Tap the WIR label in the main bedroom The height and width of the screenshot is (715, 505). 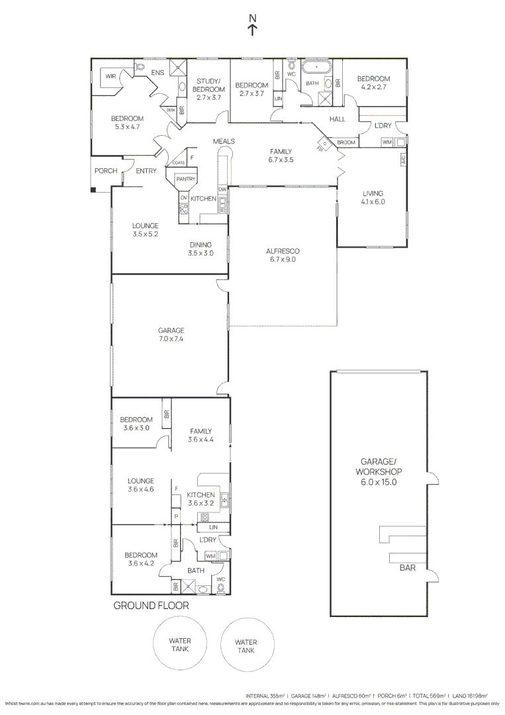[111, 77]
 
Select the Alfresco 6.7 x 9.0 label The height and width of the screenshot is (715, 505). [283, 256]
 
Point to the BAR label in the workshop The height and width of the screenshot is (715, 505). [407, 567]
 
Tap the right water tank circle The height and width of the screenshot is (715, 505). [246, 646]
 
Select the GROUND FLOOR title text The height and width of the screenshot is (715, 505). [152, 605]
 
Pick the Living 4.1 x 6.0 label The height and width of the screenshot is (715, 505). [373, 198]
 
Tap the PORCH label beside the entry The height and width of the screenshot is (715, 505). [106, 171]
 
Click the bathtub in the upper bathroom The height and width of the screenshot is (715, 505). [318, 68]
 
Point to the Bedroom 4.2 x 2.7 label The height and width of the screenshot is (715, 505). [374, 83]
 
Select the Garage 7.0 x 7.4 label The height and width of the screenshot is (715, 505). [171, 334]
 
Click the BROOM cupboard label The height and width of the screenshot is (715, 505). [346, 142]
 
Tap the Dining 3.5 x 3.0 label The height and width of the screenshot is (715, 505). [200, 249]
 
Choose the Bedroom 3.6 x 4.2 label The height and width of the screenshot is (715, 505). [140, 559]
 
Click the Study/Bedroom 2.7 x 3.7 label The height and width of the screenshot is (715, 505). [208, 89]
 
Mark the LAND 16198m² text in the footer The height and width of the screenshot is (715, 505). [469, 696]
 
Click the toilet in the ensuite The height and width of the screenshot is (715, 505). [140, 67]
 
